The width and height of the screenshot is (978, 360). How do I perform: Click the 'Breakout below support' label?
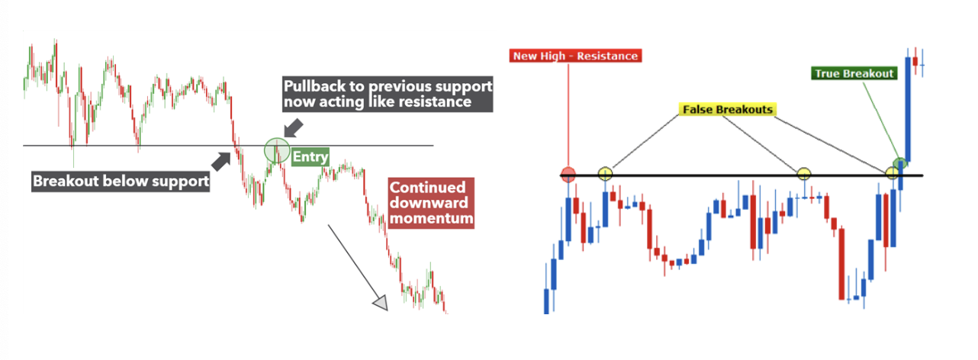(121, 181)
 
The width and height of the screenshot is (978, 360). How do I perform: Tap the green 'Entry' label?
(310, 156)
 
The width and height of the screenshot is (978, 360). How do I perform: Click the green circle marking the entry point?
(277, 150)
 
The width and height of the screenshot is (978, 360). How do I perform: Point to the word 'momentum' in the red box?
(431, 218)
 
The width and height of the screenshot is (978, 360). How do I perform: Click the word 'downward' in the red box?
(429, 203)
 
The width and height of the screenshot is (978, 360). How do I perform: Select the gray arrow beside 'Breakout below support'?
(221, 162)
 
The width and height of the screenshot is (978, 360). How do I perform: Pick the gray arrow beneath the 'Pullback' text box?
(294, 128)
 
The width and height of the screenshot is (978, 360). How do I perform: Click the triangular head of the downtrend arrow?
(381, 303)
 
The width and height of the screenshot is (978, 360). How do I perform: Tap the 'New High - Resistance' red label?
(575, 56)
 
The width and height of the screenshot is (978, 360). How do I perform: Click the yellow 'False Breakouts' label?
(727, 110)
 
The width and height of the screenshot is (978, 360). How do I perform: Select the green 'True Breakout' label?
(854, 73)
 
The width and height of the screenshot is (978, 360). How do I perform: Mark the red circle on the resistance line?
(568, 174)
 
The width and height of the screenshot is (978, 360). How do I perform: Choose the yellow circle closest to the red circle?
(605, 174)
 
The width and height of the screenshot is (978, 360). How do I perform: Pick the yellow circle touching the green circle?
(893, 173)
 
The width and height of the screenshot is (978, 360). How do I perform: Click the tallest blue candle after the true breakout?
(908, 109)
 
